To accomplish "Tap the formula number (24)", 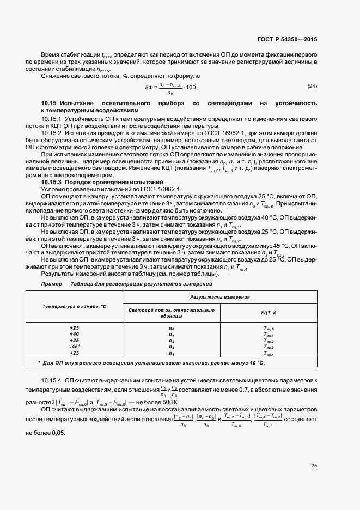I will (312, 86).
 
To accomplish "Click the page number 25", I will (314, 466).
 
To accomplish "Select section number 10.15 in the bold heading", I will (49, 103).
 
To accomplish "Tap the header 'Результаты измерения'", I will (219, 297).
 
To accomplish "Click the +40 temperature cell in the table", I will (74, 334).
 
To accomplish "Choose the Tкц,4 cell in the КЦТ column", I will (269, 353).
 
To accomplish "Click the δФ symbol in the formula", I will (149, 87).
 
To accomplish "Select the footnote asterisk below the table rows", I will (39, 362).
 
